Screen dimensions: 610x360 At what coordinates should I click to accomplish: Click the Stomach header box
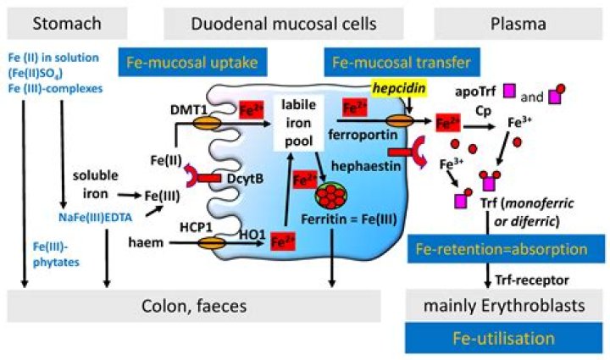coord(67,24)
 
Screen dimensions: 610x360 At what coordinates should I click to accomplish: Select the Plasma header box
coord(518,24)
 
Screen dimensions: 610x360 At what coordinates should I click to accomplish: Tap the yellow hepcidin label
coord(399,88)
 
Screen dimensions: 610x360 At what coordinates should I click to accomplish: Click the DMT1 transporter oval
coord(207,123)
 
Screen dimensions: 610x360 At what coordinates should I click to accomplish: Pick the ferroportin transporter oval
coord(400,120)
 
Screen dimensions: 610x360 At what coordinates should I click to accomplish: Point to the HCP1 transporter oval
coord(212,243)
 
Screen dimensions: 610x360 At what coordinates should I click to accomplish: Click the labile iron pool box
coord(298,123)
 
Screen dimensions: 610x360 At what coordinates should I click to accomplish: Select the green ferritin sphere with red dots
coord(330,196)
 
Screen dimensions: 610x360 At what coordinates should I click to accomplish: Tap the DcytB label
coord(245,179)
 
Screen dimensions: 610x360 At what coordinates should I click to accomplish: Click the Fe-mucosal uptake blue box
coord(192,62)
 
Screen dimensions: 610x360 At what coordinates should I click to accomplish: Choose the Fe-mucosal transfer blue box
coord(402,62)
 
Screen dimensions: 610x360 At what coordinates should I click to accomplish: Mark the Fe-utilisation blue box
coord(503,338)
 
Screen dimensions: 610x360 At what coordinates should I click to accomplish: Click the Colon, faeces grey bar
coord(194,306)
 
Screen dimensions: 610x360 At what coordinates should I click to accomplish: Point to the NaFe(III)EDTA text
coord(95,218)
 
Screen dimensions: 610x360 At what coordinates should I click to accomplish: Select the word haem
coord(146,242)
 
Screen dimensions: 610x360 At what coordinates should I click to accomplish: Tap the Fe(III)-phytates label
coord(56,254)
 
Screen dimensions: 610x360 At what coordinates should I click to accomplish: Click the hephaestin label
coord(366,166)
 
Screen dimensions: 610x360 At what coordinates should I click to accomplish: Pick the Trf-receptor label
coord(532,280)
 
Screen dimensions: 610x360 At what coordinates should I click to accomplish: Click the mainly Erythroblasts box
coord(504,305)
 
